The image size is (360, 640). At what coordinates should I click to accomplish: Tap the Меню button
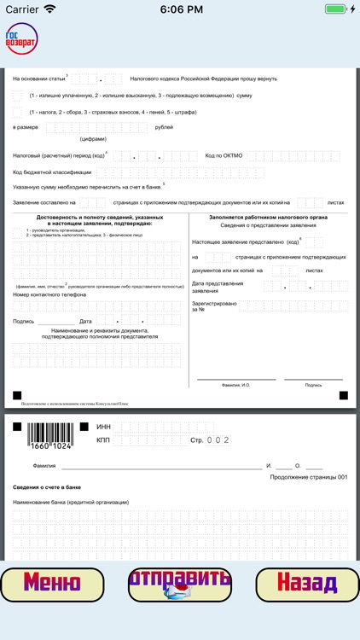click(52, 584)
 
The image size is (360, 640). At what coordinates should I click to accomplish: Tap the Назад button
click(307, 584)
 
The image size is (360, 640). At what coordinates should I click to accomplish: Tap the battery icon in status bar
click(339, 9)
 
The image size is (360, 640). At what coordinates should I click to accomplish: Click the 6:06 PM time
click(179, 9)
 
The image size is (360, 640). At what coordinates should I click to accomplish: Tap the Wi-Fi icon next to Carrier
click(49, 9)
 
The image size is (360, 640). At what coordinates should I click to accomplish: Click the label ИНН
click(103, 427)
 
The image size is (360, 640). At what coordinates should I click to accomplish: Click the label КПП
click(103, 440)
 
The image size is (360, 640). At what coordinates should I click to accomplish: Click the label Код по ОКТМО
click(224, 155)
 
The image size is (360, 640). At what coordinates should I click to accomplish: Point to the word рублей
click(163, 127)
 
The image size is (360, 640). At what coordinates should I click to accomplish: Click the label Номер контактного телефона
click(49, 294)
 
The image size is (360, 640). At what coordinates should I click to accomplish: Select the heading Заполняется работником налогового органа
click(268, 218)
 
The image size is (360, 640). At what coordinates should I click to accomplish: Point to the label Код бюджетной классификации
click(52, 172)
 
